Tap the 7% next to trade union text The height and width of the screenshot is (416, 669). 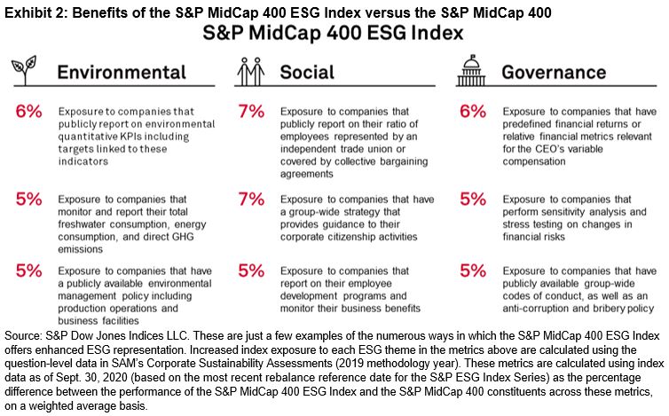pos(251,114)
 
